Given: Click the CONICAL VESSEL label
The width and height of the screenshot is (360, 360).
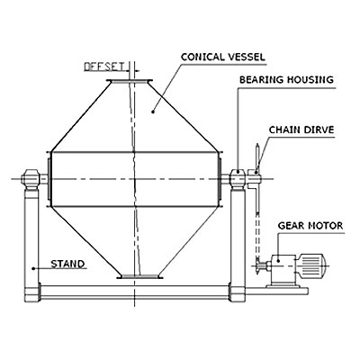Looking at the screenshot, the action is point(223,57).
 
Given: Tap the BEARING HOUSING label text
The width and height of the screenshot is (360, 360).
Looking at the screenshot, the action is point(286,80).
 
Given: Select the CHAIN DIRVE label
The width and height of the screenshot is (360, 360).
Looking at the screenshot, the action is point(301,130).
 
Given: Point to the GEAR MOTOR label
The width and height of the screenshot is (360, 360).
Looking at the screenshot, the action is point(310,226).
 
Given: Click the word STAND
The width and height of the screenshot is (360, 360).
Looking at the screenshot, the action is point(67,264).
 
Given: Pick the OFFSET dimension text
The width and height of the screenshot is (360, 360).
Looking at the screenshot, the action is point(104,67).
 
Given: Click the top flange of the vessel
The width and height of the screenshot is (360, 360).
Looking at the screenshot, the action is point(130,81).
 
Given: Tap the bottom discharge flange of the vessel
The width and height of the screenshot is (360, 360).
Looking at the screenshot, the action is point(139,276).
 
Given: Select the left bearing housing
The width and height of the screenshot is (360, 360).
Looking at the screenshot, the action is point(31,179).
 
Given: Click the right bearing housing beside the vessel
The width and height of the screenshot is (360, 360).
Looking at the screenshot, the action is point(238,179).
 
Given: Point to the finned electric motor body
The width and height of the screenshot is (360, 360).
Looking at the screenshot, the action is point(311,264).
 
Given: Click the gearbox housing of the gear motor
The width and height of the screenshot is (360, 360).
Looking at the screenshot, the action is point(283,268).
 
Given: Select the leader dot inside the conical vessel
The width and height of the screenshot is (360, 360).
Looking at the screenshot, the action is point(153,112).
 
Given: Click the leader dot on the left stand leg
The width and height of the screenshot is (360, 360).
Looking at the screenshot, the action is point(33,268).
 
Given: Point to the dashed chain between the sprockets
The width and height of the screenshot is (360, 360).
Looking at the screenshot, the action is point(257,235).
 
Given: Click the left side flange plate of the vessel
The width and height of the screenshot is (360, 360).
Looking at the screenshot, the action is point(49,179).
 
